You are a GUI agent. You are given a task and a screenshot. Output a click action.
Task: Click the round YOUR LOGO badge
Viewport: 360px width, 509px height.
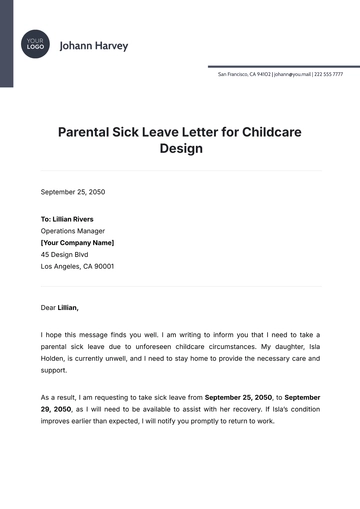click(x=35, y=45)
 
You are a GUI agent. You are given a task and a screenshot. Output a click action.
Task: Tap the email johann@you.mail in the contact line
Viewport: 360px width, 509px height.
click(x=291, y=73)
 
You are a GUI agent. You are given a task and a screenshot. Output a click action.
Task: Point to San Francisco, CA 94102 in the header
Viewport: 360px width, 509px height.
click(x=244, y=73)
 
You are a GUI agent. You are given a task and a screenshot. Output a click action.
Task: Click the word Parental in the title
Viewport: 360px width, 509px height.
click(x=86, y=130)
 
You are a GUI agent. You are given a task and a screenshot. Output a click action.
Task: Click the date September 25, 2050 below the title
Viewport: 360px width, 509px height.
click(x=72, y=191)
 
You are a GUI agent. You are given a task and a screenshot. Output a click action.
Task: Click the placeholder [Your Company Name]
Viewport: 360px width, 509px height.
click(x=77, y=242)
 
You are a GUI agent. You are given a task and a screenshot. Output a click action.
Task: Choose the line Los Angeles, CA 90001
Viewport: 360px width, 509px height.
click(x=77, y=267)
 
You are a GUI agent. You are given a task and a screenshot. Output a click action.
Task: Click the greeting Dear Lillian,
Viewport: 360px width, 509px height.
click(x=59, y=307)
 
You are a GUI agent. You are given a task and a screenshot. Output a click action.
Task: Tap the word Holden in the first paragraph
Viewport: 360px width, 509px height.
click(x=53, y=358)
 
